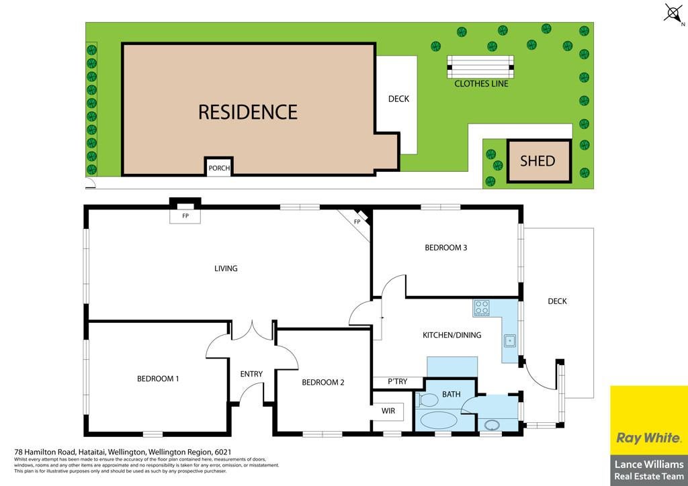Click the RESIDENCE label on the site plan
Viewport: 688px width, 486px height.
[x=248, y=112]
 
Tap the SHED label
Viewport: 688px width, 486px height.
[x=537, y=161]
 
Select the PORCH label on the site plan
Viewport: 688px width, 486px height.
[x=219, y=168]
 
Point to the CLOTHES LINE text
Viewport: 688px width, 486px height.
[x=481, y=84]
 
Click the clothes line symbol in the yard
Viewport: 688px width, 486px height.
[x=480, y=66]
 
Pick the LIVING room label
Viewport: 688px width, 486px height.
[x=226, y=269]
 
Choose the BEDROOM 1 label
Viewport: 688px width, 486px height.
[x=158, y=379]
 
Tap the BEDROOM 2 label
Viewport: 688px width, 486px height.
[x=323, y=383]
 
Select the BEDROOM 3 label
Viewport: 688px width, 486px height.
[x=446, y=248]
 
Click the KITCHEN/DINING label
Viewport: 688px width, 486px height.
[x=452, y=335]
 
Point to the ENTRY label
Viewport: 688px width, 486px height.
[x=251, y=374]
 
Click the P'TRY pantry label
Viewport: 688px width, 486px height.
[x=398, y=382]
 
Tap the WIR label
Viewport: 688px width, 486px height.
[x=388, y=411]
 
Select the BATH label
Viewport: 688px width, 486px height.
[x=451, y=395]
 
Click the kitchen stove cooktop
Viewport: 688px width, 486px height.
[x=482, y=307]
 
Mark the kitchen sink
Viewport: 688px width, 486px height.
[x=510, y=340]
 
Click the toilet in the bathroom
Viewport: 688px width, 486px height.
[x=427, y=399]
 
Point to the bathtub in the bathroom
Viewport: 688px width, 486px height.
[x=439, y=420]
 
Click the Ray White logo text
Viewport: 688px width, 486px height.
[x=648, y=438]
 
